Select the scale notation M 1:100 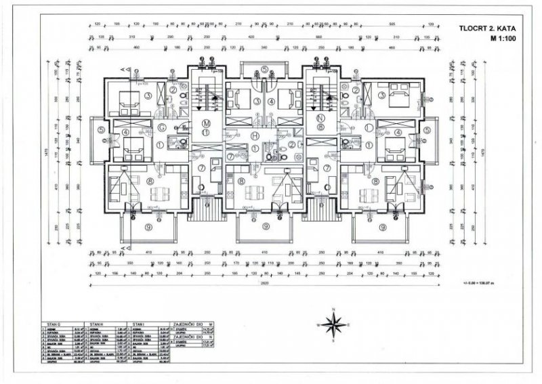(495, 39)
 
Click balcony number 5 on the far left (100, 131)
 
